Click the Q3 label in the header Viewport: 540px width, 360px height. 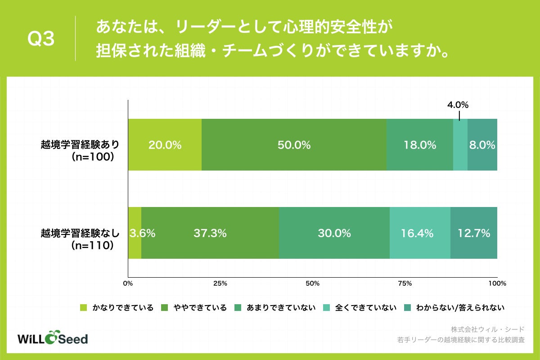[x=41, y=40]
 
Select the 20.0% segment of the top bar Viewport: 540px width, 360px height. [x=165, y=145]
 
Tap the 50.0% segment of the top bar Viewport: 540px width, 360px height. [x=294, y=145]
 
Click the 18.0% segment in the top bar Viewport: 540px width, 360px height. [x=419, y=145]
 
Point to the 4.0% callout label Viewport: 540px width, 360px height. [x=458, y=105]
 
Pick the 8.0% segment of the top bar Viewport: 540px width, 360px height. [x=482, y=145]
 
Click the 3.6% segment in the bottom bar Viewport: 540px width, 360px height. [x=135, y=233]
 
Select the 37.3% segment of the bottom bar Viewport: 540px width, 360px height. [x=210, y=233]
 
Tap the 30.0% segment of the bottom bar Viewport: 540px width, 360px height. [x=334, y=233]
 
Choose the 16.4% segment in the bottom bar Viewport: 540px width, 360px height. [x=420, y=233]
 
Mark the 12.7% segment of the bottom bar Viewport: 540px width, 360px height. [x=474, y=233]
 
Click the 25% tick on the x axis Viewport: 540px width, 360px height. [x=220, y=284]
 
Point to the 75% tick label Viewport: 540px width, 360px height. [x=405, y=284]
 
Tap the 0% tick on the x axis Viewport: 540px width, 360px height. [x=128, y=284]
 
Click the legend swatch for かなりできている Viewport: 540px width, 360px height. [x=83, y=308]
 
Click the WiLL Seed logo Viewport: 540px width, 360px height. [x=52, y=338]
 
